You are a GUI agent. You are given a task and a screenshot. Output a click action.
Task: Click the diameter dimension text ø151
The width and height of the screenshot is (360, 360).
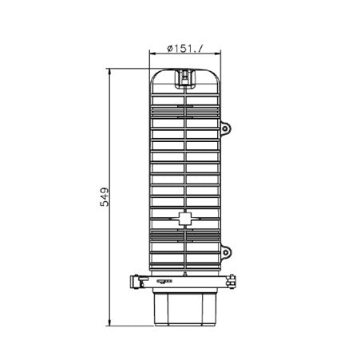coord(184,49)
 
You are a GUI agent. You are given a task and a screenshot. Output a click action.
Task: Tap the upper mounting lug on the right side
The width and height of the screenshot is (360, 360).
coord(227,128)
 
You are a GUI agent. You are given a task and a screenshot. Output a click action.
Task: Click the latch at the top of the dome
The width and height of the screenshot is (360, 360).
coord(184,78)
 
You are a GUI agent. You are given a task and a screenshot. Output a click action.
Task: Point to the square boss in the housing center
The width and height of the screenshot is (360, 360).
coord(184,217)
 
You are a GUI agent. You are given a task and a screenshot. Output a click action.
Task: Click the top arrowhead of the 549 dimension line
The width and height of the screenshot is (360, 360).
coord(110,71)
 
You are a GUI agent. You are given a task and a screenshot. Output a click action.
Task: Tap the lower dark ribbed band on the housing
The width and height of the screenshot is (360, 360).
coord(184,241)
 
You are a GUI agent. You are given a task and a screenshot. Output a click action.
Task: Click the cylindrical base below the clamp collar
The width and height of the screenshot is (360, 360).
coord(184,308)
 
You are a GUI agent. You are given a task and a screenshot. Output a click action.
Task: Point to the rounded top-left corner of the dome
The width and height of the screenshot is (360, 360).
coord(155,75)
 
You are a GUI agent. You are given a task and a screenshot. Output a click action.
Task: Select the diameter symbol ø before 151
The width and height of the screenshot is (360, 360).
coord(170,49)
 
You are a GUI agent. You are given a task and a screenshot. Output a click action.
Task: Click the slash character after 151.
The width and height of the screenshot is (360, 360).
coord(200,49)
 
